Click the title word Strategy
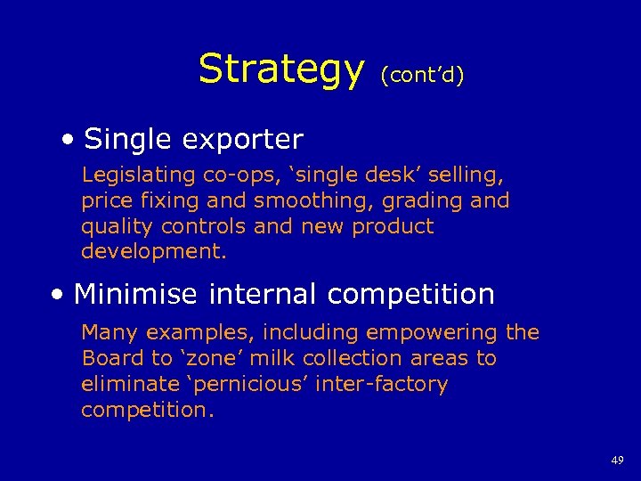pos(280,69)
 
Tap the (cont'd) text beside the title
pos(422,76)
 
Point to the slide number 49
pos(617,461)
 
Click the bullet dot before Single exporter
pos(69,141)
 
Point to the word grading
pos(426,201)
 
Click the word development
pos(153,251)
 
